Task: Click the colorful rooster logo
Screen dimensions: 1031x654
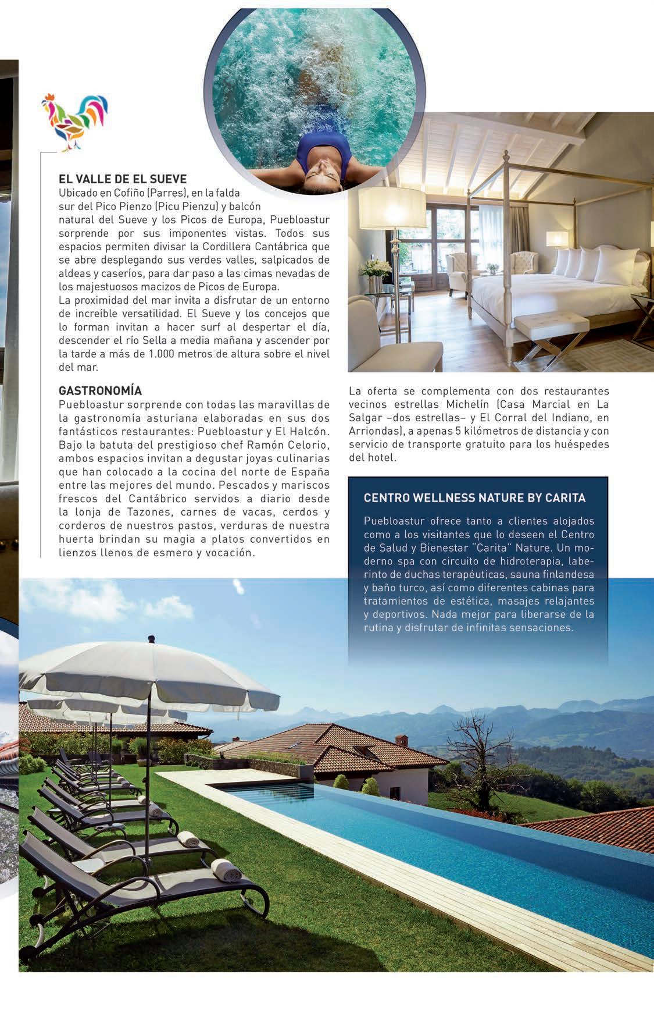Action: tap(74, 120)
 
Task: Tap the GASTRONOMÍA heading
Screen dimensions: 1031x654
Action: tap(100, 390)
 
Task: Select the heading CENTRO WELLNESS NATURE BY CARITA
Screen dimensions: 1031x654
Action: tap(474, 498)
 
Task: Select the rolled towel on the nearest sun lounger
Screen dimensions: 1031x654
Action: tap(226, 870)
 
